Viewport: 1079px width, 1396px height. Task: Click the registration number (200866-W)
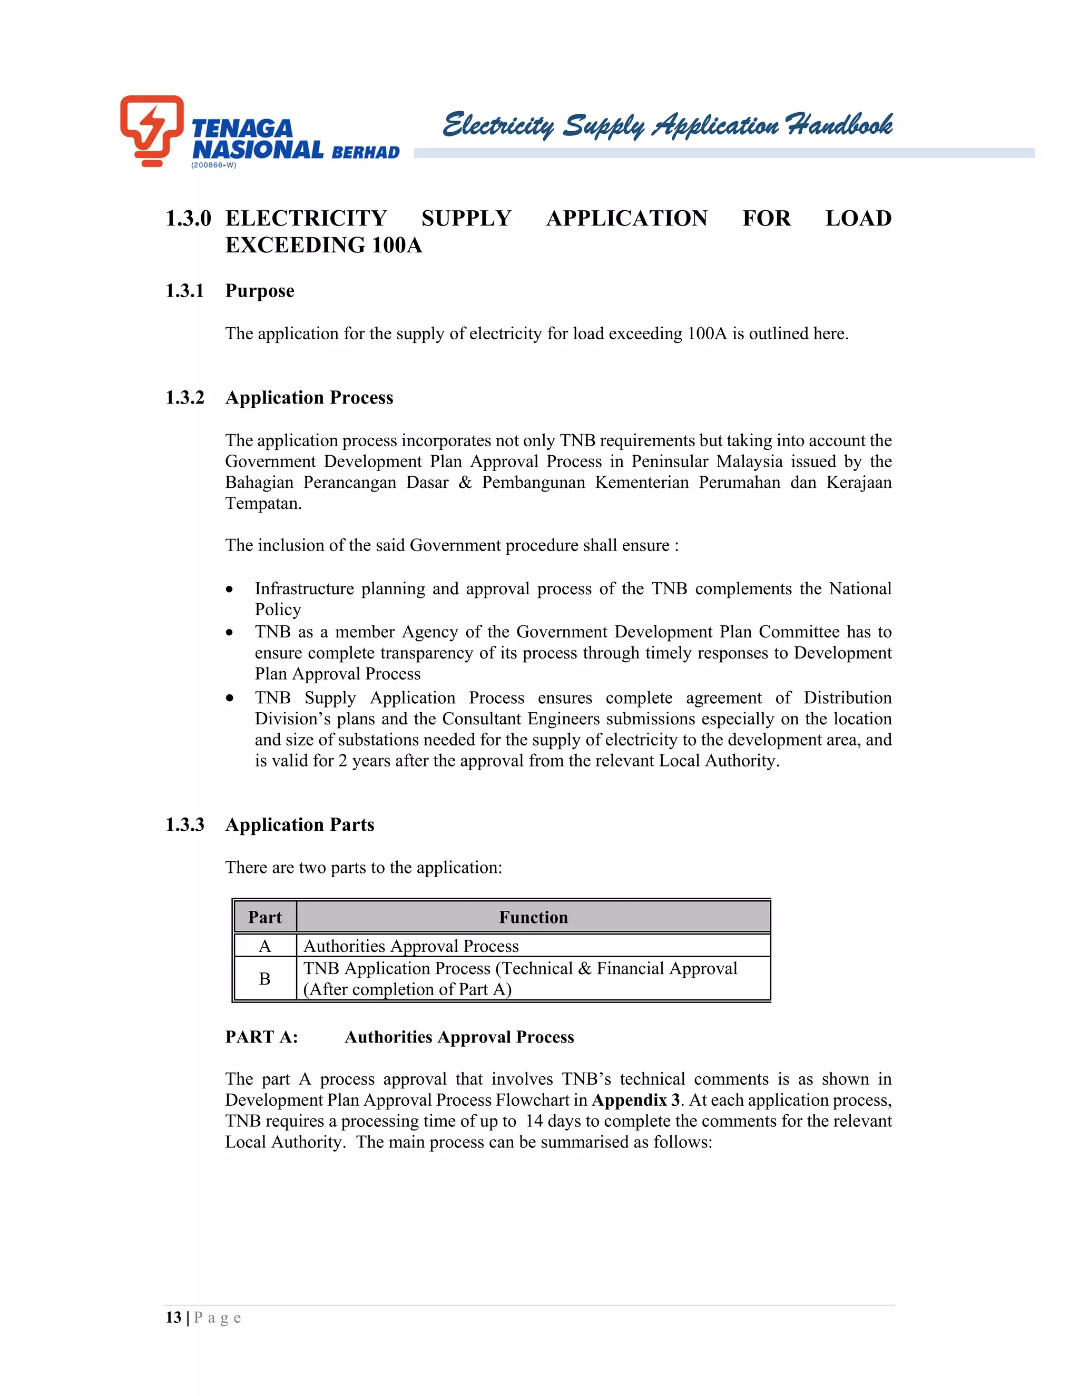[x=213, y=165]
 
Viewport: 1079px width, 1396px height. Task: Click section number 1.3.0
[x=188, y=219]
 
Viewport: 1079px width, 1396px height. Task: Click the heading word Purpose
[x=260, y=291]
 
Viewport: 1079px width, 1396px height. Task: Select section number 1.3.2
[x=185, y=398]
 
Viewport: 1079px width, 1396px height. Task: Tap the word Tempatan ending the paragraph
[x=263, y=504]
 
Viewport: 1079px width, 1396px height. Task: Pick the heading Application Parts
[x=299, y=824]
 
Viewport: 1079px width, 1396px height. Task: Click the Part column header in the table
[x=264, y=917]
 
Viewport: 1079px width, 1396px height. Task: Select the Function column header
[x=533, y=917]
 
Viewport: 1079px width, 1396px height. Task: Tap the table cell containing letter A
[x=264, y=946]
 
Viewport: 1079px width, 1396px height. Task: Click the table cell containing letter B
[x=264, y=979]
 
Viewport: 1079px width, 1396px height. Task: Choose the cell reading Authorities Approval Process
[x=411, y=946]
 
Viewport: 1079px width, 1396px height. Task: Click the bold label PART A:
[x=261, y=1037]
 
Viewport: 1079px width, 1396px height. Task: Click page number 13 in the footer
[x=173, y=1318]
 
